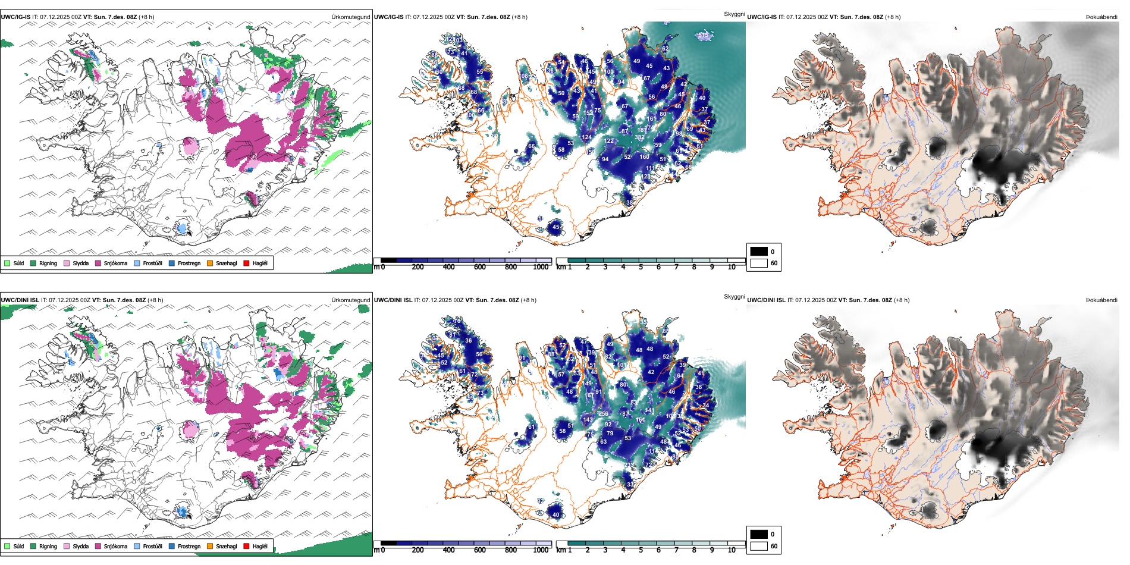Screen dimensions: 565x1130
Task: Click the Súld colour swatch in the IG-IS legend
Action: coord(7,263)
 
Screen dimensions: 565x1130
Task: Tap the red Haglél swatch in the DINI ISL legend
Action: coord(246,546)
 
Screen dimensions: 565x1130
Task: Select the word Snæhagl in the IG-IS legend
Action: coord(226,263)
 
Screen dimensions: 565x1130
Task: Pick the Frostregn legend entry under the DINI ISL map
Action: coord(189,546)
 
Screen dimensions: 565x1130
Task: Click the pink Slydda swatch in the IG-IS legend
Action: coord(67,263)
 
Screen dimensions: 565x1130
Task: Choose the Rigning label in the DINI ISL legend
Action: coord(48,546)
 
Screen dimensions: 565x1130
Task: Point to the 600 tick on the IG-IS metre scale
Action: coord(479,267)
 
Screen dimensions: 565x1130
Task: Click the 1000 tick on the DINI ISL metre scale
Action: coord(541,550)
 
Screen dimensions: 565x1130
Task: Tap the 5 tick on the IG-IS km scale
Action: coord(641,267)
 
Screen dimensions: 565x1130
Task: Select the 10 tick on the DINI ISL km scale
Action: coord(732,550)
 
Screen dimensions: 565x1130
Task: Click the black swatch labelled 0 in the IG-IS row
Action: coord(759,252)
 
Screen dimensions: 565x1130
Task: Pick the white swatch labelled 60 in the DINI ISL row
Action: coord(759,546)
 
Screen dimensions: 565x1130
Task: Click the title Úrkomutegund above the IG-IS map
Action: coord(350,17)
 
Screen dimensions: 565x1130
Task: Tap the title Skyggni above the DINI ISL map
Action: coord(734,297)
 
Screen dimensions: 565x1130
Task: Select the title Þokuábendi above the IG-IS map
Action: coord(1101,17)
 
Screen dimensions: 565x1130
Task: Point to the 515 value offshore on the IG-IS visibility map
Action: coord(704,36)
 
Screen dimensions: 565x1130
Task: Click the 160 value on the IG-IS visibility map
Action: coord(645,157)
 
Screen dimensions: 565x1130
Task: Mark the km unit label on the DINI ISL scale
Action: coord(560,550)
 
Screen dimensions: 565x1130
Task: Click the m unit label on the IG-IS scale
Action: coord(376,267)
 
